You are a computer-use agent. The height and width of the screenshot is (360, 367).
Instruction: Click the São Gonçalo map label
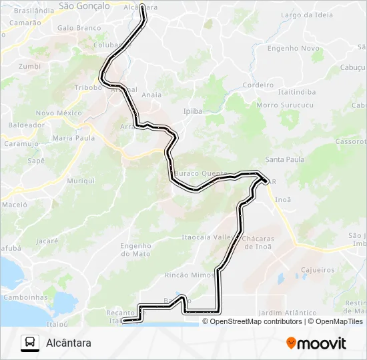[x=84, y=6]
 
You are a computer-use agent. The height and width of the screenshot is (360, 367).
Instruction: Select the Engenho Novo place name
[x=293, y=49]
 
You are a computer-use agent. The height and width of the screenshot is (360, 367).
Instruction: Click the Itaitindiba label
[x=297, y=91]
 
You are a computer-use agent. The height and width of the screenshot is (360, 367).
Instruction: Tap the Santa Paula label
[x=285, y=160]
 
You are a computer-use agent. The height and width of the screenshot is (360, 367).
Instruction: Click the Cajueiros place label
[x=318, y=270]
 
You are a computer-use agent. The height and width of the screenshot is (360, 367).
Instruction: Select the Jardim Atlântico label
[x=287, y=313]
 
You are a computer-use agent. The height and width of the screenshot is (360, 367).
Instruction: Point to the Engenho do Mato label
[x=136, y=249]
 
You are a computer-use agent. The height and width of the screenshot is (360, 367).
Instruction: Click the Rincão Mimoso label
[x=193, y=275]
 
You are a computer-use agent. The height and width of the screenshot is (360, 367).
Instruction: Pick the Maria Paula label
[x=73, y=138]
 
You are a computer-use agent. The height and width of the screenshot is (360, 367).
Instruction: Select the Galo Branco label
[x=79, y=29]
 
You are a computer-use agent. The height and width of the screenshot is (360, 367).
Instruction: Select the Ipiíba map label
[x=192, y=111]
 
